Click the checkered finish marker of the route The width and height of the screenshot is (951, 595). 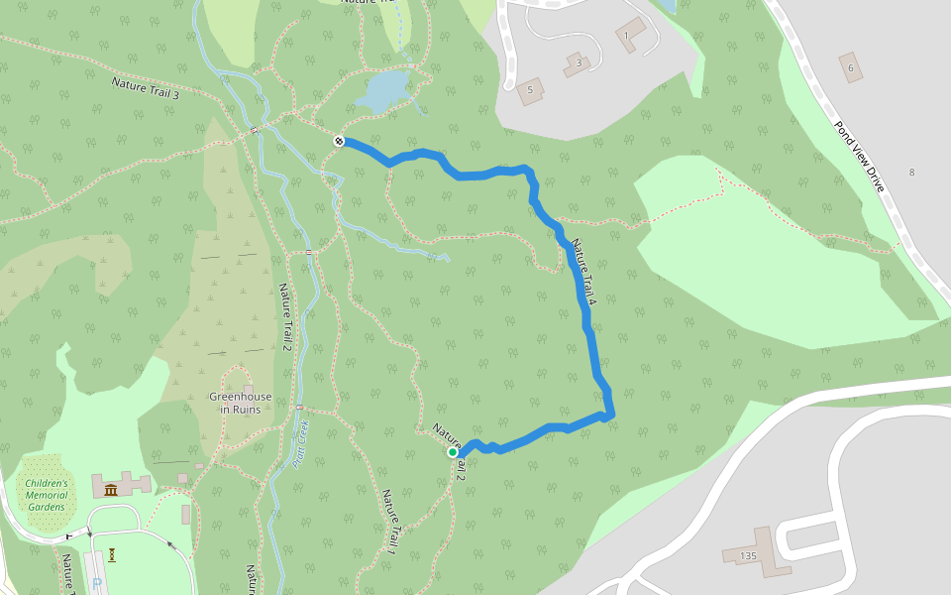tap(339, 142)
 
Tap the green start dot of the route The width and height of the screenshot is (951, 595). tap(453, 452)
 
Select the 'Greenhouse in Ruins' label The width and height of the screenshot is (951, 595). tap(241, 403)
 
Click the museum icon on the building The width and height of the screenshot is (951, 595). tap(110, 490)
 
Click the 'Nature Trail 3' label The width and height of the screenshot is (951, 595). tap(146, 88)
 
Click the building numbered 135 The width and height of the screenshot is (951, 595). tap(748, 556)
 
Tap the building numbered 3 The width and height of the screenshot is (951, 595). tap(579, 64)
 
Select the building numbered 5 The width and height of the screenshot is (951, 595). tap(530, 90)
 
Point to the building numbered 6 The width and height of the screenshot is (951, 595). tap(849, 66)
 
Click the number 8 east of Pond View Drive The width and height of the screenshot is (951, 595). tap(912, 173)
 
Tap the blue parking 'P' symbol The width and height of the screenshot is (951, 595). tap(95, 584)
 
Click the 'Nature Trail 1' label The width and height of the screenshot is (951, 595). tap(392, 522)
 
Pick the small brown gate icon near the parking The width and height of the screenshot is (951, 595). tap(114, 554)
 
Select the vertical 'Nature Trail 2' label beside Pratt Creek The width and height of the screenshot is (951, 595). tap(285, 316)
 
